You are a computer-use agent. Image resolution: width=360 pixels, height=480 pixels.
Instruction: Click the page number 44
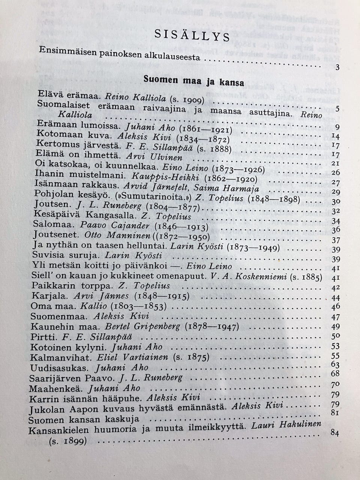coord(336,298)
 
